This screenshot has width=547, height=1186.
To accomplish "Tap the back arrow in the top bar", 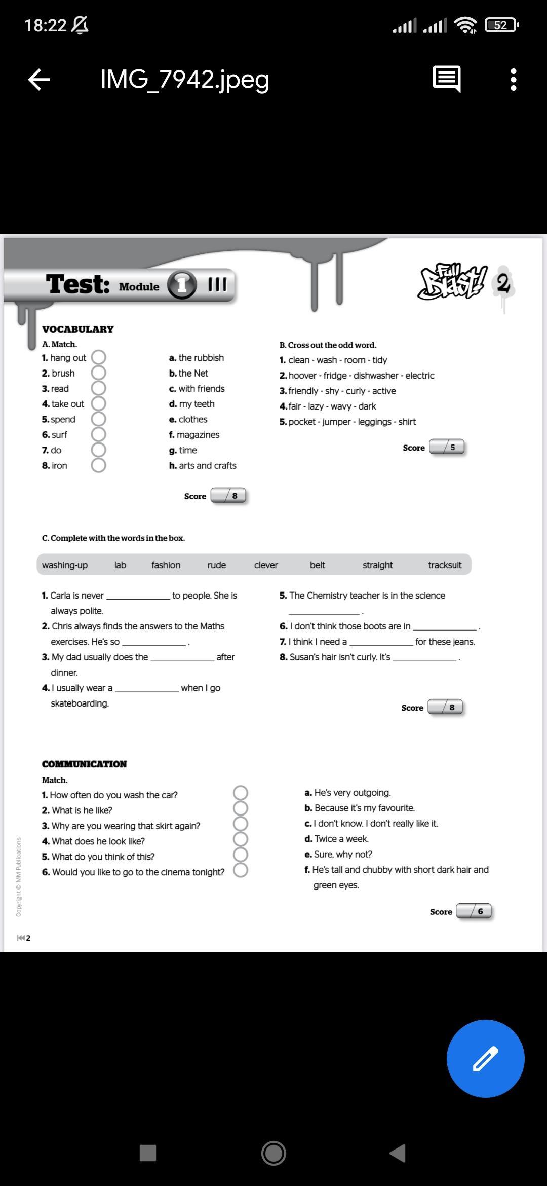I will [39, 80].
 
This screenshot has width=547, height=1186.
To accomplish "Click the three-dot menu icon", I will [514, 80].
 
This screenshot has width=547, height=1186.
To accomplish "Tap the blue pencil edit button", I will [485, 1058].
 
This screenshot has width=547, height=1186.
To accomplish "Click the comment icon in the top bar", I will [447, 79].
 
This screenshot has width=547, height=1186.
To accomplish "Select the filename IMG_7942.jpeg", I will [185, 80].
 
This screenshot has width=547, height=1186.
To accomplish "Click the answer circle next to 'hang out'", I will [98, 357].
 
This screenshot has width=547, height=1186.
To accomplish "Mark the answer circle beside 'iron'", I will [98, 465].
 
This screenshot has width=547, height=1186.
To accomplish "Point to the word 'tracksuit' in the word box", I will [445, 565].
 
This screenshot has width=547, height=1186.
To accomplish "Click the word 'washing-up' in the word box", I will [65, 565].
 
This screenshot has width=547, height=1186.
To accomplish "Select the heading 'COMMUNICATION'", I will [84, 764].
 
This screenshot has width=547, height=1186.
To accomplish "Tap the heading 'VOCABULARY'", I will [78, 329].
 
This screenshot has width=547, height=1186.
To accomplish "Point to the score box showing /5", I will [447, 448].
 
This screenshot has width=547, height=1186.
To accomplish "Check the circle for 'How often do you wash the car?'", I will [241, 793].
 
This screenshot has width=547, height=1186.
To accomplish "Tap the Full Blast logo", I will [452, 282].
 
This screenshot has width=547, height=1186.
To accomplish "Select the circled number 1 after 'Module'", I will [181, 285].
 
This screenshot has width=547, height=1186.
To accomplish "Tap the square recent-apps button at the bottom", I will [148, 1153].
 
